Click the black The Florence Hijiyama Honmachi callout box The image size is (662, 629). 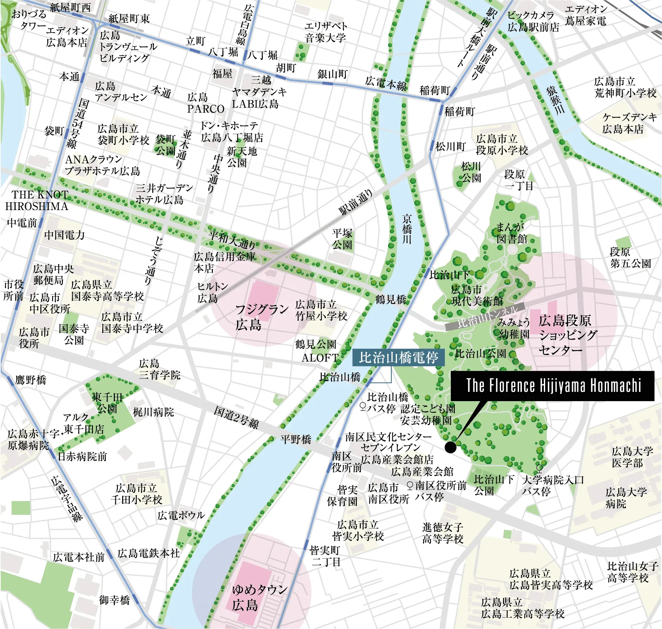[552, 386]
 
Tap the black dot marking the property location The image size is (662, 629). [450, 447]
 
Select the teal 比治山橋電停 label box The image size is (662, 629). [398, 358]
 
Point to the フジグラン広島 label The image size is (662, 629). [261, 317]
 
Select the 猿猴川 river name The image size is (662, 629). [555, 100]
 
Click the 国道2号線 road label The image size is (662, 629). [236, 417]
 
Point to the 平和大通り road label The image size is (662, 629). [232, 239]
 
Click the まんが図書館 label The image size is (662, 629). [511, 233]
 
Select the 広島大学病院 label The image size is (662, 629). [626, 498]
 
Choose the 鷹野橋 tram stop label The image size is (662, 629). [30, 380]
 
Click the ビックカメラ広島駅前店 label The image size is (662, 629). [533, 21]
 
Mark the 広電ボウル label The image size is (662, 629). [181, 515]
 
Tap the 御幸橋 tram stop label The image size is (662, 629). [114, 600]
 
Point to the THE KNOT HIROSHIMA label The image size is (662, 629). [37, 200]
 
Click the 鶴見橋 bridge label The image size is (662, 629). [391, 299]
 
